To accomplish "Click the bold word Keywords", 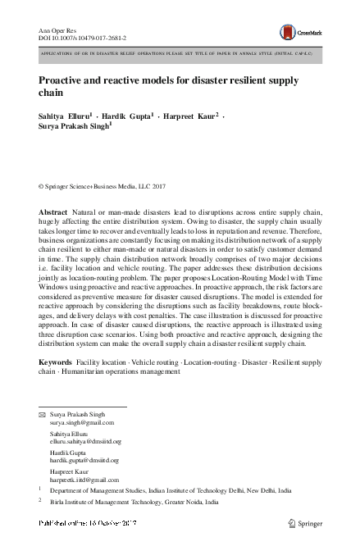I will click(56, 362).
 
